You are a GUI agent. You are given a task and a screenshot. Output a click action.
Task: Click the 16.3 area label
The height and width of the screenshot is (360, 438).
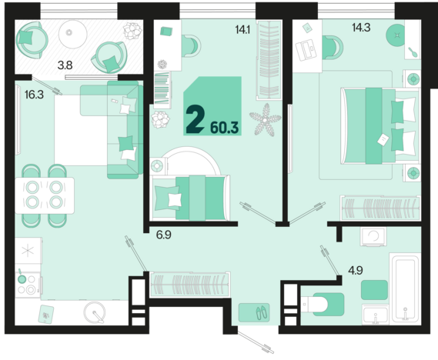point(34,95)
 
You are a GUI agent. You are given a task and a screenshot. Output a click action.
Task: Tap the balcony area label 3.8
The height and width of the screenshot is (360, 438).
point(65,65)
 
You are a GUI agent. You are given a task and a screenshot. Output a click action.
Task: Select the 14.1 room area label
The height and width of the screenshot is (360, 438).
point(242,29)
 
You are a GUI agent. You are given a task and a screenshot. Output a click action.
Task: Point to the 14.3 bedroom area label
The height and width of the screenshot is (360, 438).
point(361,28)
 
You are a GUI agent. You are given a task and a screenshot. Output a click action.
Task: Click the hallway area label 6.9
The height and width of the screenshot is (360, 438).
point(164,235)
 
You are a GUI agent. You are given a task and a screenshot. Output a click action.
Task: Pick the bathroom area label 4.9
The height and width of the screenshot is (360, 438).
point(356,270)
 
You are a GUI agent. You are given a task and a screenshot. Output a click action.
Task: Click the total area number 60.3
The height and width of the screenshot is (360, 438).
point(224,128)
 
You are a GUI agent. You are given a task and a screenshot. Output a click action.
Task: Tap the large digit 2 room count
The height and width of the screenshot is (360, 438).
point(195,119)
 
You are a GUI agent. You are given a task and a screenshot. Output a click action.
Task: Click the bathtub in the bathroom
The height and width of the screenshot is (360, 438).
point(405,288)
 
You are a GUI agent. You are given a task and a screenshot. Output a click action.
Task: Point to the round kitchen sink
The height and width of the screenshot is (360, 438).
point(95,312)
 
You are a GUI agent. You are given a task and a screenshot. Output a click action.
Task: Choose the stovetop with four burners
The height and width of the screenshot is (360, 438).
point(28,285)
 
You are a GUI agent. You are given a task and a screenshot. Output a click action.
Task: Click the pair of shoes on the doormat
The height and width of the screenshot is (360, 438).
point(262,312)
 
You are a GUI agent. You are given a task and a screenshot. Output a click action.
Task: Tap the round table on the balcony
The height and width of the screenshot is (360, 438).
point(72,34)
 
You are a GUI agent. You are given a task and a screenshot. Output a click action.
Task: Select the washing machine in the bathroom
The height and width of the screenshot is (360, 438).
point(373,237)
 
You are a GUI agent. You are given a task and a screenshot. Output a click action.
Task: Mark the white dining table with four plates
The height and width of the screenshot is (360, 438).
point(45,195)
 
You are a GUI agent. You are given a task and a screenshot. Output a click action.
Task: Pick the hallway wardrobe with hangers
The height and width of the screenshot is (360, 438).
point(190,284)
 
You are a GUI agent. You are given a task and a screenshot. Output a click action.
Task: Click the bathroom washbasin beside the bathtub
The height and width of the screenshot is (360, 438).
point(376,315)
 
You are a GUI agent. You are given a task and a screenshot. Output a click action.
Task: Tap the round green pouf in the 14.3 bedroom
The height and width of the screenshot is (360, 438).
point(396,35)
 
